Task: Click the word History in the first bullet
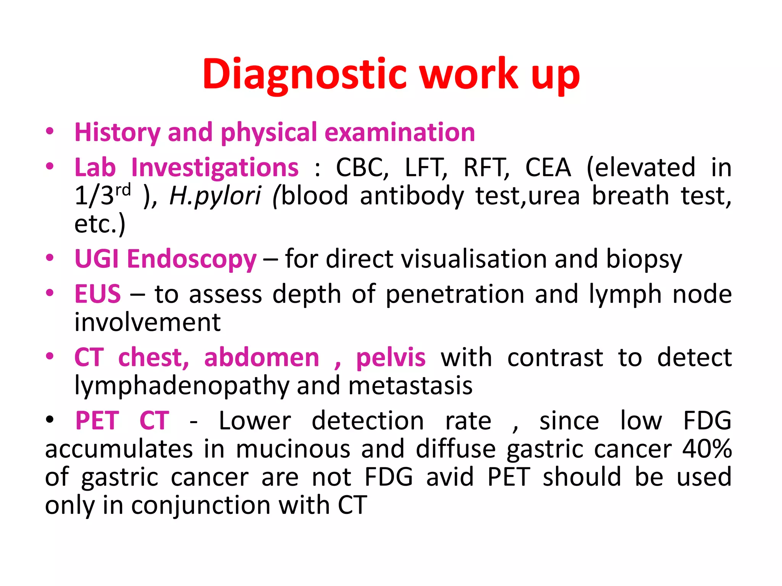coord(117,133)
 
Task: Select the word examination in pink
coord(400,133)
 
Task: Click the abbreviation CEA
coord(548,168)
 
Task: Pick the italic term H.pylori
coord(215,196)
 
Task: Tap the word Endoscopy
coord(192,259)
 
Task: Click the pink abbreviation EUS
coord(98,294)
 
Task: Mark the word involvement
coord(147,322)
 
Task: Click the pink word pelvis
coord(391,358)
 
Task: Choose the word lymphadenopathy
coord(182,386)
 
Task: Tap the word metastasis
coord(410,386)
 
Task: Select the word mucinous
coord(293,449)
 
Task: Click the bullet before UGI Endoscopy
coord(50,258)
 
